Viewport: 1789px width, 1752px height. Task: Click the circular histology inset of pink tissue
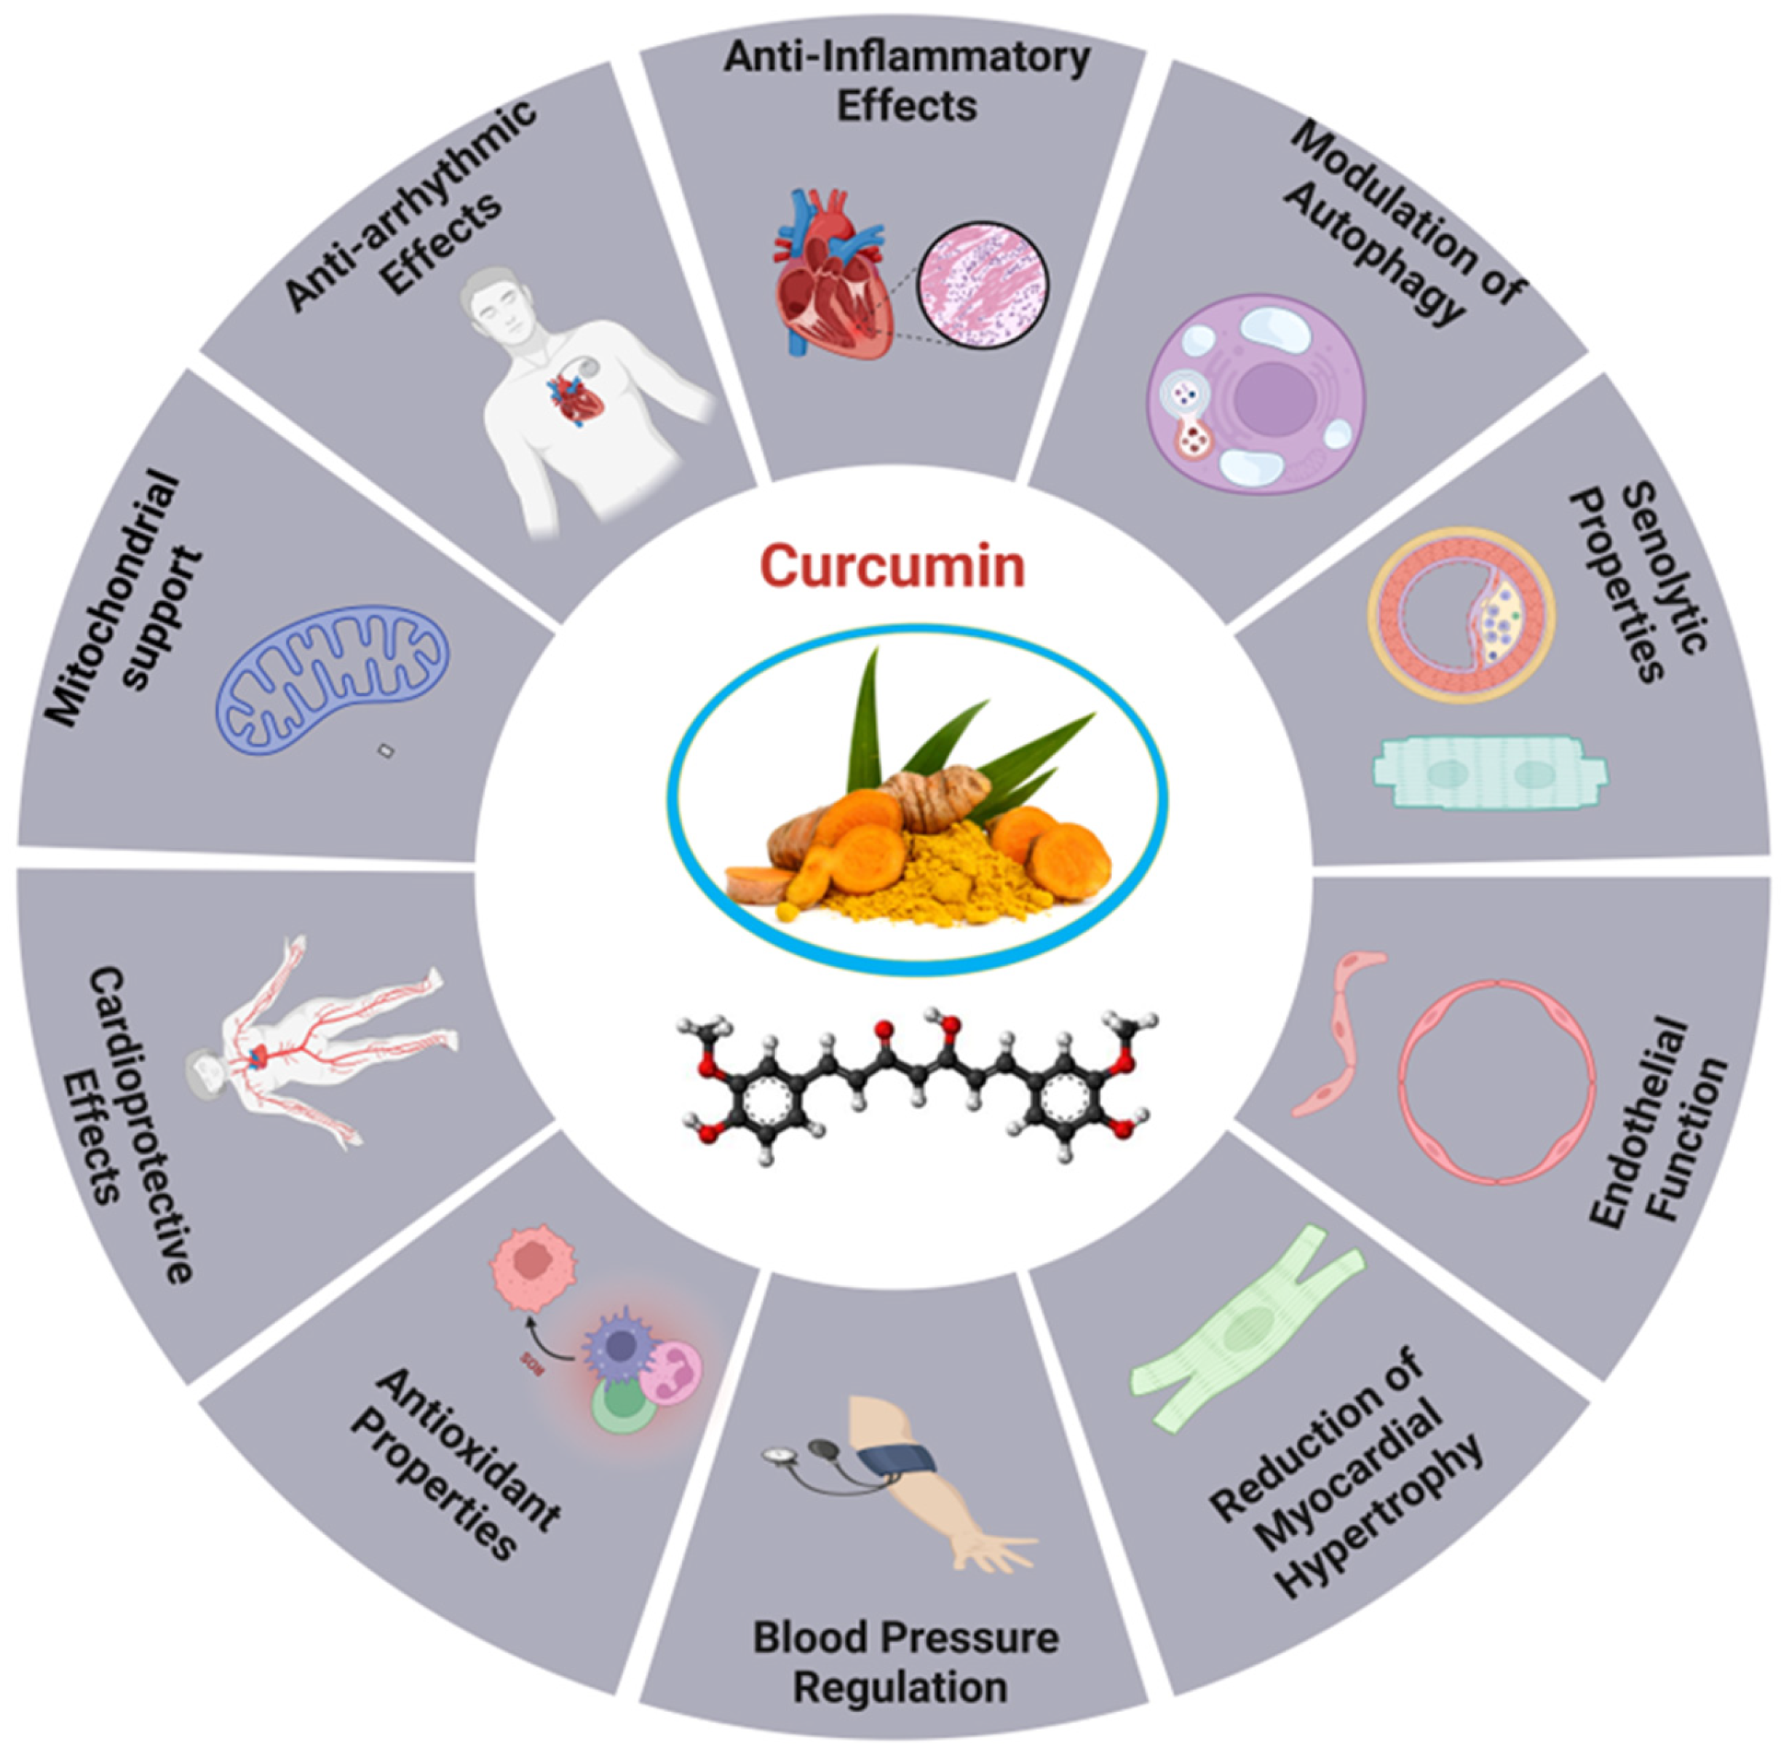click(x=985, y=285)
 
